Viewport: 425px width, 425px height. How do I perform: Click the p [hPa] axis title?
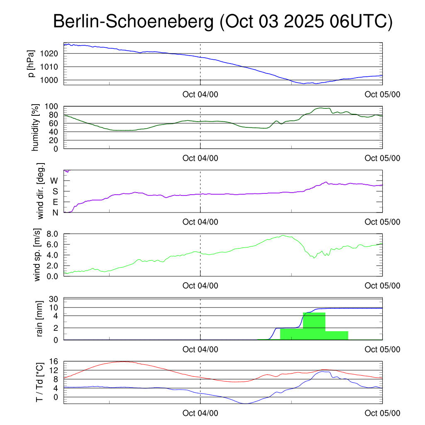(32, 64)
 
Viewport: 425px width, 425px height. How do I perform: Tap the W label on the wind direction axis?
(54, 181)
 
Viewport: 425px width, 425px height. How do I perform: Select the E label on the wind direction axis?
(55, 202)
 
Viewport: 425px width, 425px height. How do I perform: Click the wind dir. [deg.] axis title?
(41, 191)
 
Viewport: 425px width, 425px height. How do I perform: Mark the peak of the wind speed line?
(283, 236)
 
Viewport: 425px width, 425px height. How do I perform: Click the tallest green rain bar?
(314, 326)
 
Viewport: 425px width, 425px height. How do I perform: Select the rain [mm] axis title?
(39, 318)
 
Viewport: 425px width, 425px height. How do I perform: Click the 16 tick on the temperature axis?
(54, 361)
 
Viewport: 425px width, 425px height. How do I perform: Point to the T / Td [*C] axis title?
(39, 382)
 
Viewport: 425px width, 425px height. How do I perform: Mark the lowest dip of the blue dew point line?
(245, 403)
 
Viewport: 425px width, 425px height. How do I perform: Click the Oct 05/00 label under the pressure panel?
(382, 94)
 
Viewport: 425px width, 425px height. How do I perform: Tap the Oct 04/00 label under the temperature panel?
(200, 413)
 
